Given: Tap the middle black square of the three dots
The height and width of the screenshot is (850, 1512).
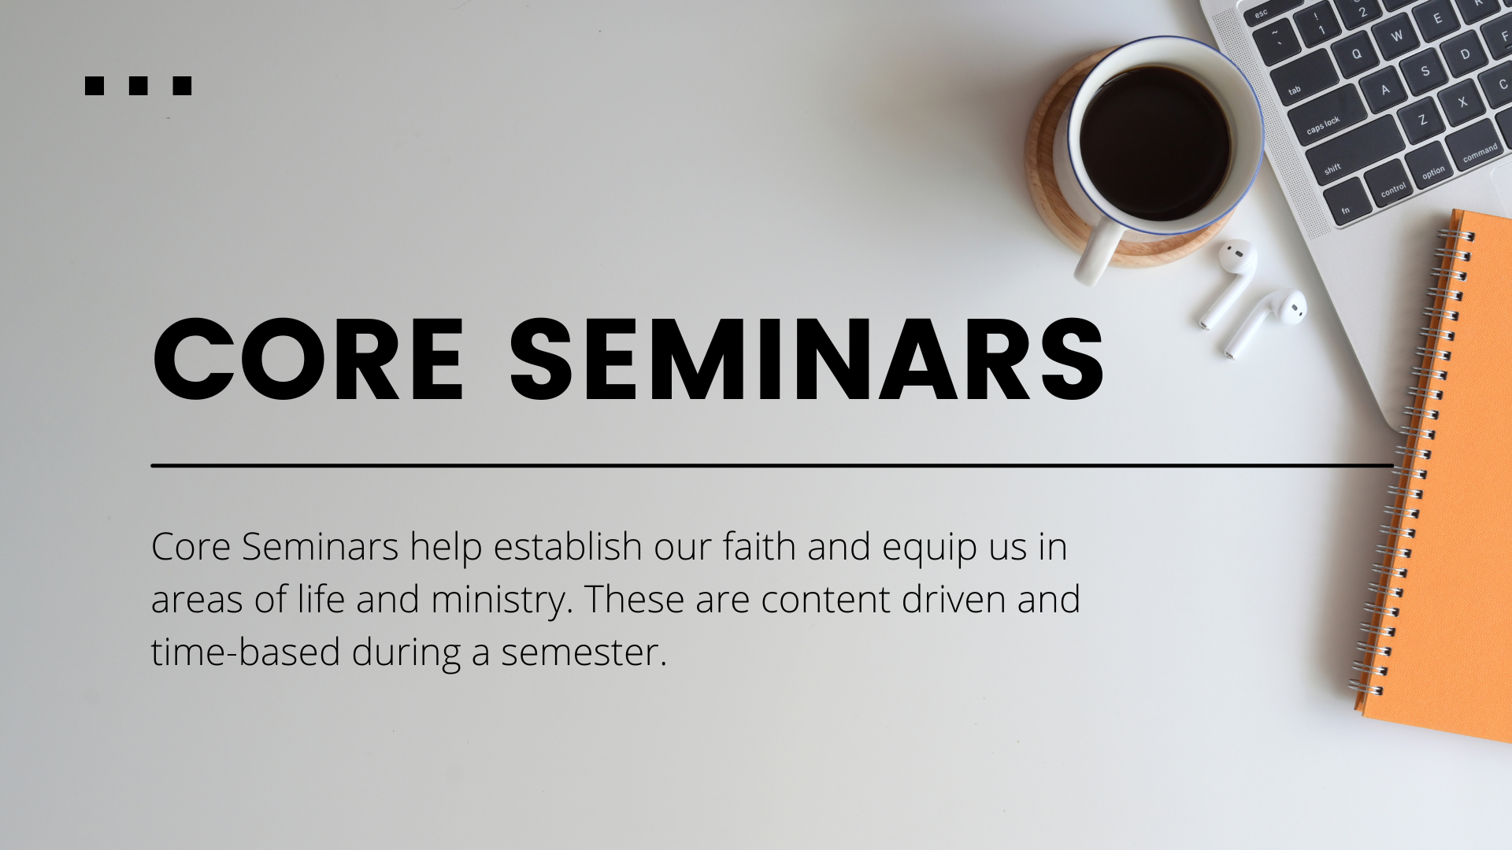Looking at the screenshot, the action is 138,86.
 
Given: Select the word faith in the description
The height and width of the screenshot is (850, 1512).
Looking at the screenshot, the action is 759,546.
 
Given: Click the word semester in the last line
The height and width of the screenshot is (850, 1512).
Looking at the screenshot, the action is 584,652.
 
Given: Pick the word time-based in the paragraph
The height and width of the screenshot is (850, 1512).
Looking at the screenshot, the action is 246,652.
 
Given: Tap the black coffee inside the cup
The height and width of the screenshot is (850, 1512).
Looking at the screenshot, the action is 1154,143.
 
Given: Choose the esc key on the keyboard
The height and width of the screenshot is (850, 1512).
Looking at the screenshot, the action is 1264,17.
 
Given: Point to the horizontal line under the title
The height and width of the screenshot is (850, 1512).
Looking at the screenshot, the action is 772,466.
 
